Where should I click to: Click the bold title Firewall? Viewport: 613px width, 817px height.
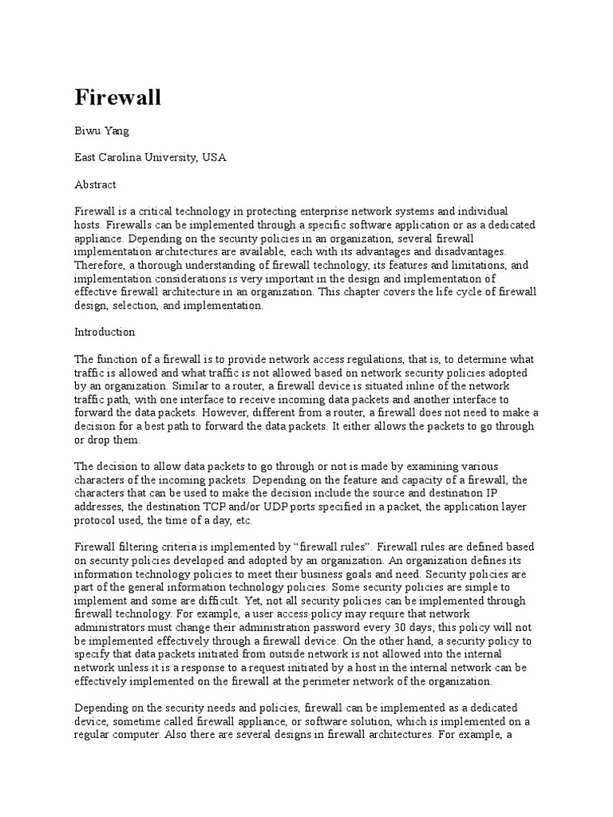118,98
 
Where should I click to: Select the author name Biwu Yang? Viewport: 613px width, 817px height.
101,131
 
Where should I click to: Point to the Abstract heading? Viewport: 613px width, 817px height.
95,184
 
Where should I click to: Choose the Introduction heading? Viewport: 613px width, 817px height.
105,332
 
